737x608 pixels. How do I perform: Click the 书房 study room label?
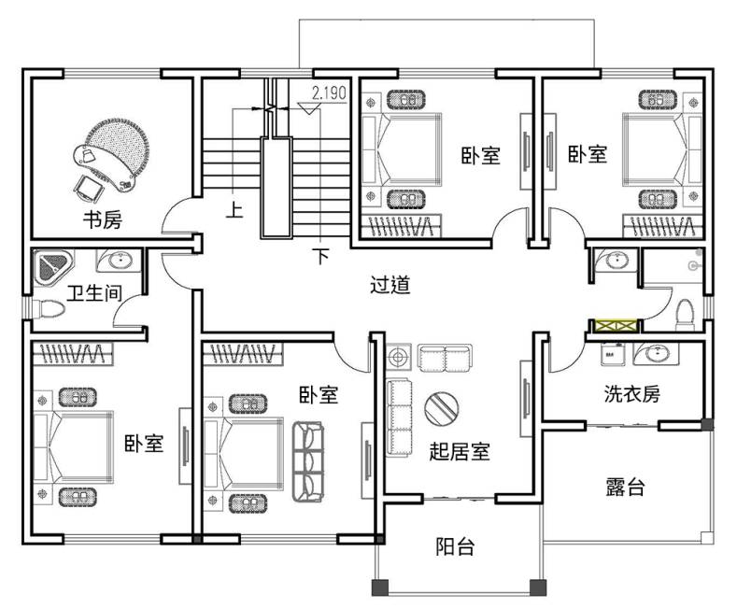coord(103,220)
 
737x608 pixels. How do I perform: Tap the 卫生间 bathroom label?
coord(93,292)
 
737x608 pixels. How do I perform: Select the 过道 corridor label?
coord(390,286)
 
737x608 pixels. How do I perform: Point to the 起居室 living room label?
coord(460,452)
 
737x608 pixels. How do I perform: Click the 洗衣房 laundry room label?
coord(631,394)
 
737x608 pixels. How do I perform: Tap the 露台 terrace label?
coord(624,486)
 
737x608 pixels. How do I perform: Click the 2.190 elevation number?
coord(329,92)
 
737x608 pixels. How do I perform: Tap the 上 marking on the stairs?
coord(234,209)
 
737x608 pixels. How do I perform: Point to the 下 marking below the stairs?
coord(320,255)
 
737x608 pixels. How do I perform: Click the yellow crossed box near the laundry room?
coord(614,326)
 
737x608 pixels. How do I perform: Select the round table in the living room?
coord(442,407)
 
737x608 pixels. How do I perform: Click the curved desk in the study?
coord(117,151)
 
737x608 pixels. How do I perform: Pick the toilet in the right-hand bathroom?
coord(684,311)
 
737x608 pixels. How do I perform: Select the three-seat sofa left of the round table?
coord(400,416)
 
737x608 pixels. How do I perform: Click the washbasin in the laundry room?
coord(657,354)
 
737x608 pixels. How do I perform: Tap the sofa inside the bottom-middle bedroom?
coord(307,460)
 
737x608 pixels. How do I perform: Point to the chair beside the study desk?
coord(90,187)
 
